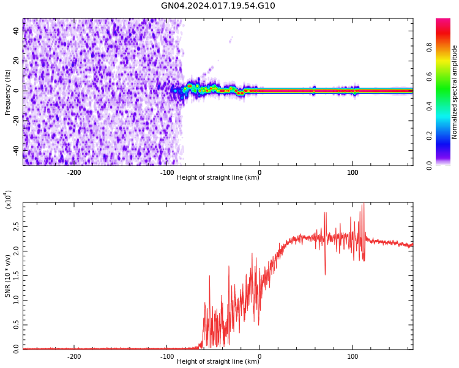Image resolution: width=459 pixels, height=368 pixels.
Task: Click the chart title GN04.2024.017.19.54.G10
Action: click(218, 6)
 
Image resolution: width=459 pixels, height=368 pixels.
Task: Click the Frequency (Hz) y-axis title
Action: click(8, 92)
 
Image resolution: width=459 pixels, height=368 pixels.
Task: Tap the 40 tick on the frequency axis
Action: click(17, 31)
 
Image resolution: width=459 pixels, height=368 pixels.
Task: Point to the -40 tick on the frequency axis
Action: click(17, 150)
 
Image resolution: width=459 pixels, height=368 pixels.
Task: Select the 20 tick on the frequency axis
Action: click(17, 61)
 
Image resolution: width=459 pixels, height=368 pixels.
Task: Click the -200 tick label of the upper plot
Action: click(73, 172)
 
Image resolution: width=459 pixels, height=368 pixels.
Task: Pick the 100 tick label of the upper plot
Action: click(353, 172)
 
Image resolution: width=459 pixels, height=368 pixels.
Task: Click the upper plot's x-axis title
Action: click(218, 178)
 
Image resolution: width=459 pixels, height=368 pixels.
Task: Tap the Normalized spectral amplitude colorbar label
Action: click(455, 92)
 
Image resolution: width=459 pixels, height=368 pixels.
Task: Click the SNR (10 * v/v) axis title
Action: click(8, 276)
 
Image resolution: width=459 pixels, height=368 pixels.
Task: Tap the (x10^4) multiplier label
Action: click(8, 199)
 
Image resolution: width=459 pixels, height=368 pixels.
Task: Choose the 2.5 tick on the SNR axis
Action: click(17, 226)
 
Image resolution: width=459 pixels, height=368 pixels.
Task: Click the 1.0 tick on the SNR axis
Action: click(17, 300)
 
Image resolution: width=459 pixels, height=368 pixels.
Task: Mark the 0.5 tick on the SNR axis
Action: click(17, 324)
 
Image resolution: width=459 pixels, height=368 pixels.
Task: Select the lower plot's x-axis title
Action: click(218, 362)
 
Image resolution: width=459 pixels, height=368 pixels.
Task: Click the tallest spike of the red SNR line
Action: click(364, 204)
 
